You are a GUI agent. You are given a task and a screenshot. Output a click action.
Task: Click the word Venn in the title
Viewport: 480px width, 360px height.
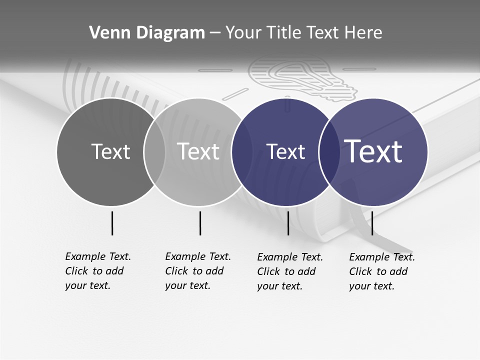pyautogui.click(x=105, y=32)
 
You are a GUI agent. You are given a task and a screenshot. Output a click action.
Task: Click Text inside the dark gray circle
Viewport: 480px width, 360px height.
pyautogui.click(x=110, y=151)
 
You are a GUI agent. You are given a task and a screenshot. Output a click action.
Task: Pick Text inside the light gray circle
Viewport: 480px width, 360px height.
pyautogui.click(x=198, y=151)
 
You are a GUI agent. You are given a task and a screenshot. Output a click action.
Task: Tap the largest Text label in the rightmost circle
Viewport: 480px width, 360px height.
pyautogui.click(x=373, y=151)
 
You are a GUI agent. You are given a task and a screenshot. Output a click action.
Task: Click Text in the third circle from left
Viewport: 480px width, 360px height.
pyautogui.click(x=286, y=151)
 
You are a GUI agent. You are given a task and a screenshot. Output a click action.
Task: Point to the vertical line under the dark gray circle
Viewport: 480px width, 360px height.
pyautogui.click(x=112, y=223)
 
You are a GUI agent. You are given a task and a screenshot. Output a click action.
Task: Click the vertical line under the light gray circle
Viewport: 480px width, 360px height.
pyautogui.click(x=200, y=223)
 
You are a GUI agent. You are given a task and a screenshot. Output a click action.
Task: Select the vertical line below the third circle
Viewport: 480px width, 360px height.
pyautogui.click(x=288, y=223)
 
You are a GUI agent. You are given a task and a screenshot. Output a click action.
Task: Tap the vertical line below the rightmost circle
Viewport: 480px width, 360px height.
pyautogui.click(x=372, y=223)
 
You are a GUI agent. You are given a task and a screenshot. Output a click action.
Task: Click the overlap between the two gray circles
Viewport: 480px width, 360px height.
pyautogui.click(x=154, y=152)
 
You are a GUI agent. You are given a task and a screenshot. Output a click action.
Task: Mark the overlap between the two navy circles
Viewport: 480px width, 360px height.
pyautogui.click(x=328, y=152)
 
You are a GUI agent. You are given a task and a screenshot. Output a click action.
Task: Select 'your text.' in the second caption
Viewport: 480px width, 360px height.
pyautogui.click(x=187, y=285)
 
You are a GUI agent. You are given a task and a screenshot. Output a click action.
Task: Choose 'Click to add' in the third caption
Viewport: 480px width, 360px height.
pyautogui.click(x=286, y=271)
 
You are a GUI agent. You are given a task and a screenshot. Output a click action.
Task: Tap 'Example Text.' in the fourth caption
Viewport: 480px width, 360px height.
pyautogui.click(x=382, y=257)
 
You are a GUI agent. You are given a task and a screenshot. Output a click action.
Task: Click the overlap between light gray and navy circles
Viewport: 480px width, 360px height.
pyautogui.click(x=241, y=152)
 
